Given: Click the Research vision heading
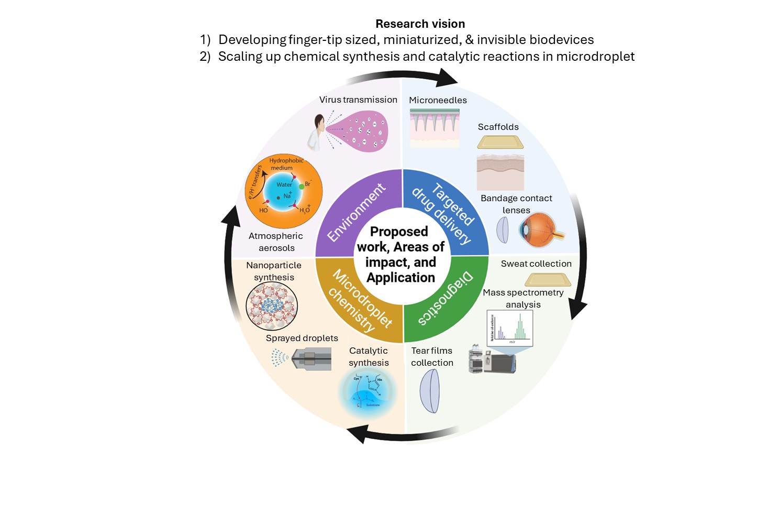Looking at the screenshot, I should point(420,24).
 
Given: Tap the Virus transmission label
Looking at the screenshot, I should point(358,100).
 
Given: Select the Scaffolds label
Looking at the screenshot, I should point(498,127).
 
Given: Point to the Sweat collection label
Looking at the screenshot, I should point(536,264).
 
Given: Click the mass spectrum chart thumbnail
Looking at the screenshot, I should point(509,328).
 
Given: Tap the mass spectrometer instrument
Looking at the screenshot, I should point(492,361).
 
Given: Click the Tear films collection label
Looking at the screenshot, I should point(432,356).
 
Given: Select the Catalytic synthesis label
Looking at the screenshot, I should point(369,356).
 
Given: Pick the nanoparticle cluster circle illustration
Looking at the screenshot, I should point(272,306).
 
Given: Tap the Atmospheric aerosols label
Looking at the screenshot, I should point(276,242).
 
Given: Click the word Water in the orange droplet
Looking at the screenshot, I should point(284,184).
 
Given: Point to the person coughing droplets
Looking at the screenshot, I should point(316,133).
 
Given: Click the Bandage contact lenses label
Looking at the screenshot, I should point(516,204).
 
